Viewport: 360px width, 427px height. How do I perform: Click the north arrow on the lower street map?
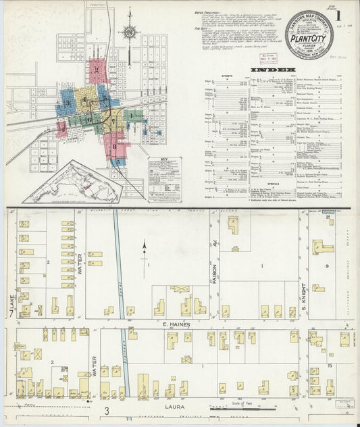(144, 251)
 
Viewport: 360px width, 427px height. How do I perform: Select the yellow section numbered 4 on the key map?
(85, 100)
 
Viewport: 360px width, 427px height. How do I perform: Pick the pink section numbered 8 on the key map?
(115, 145)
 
